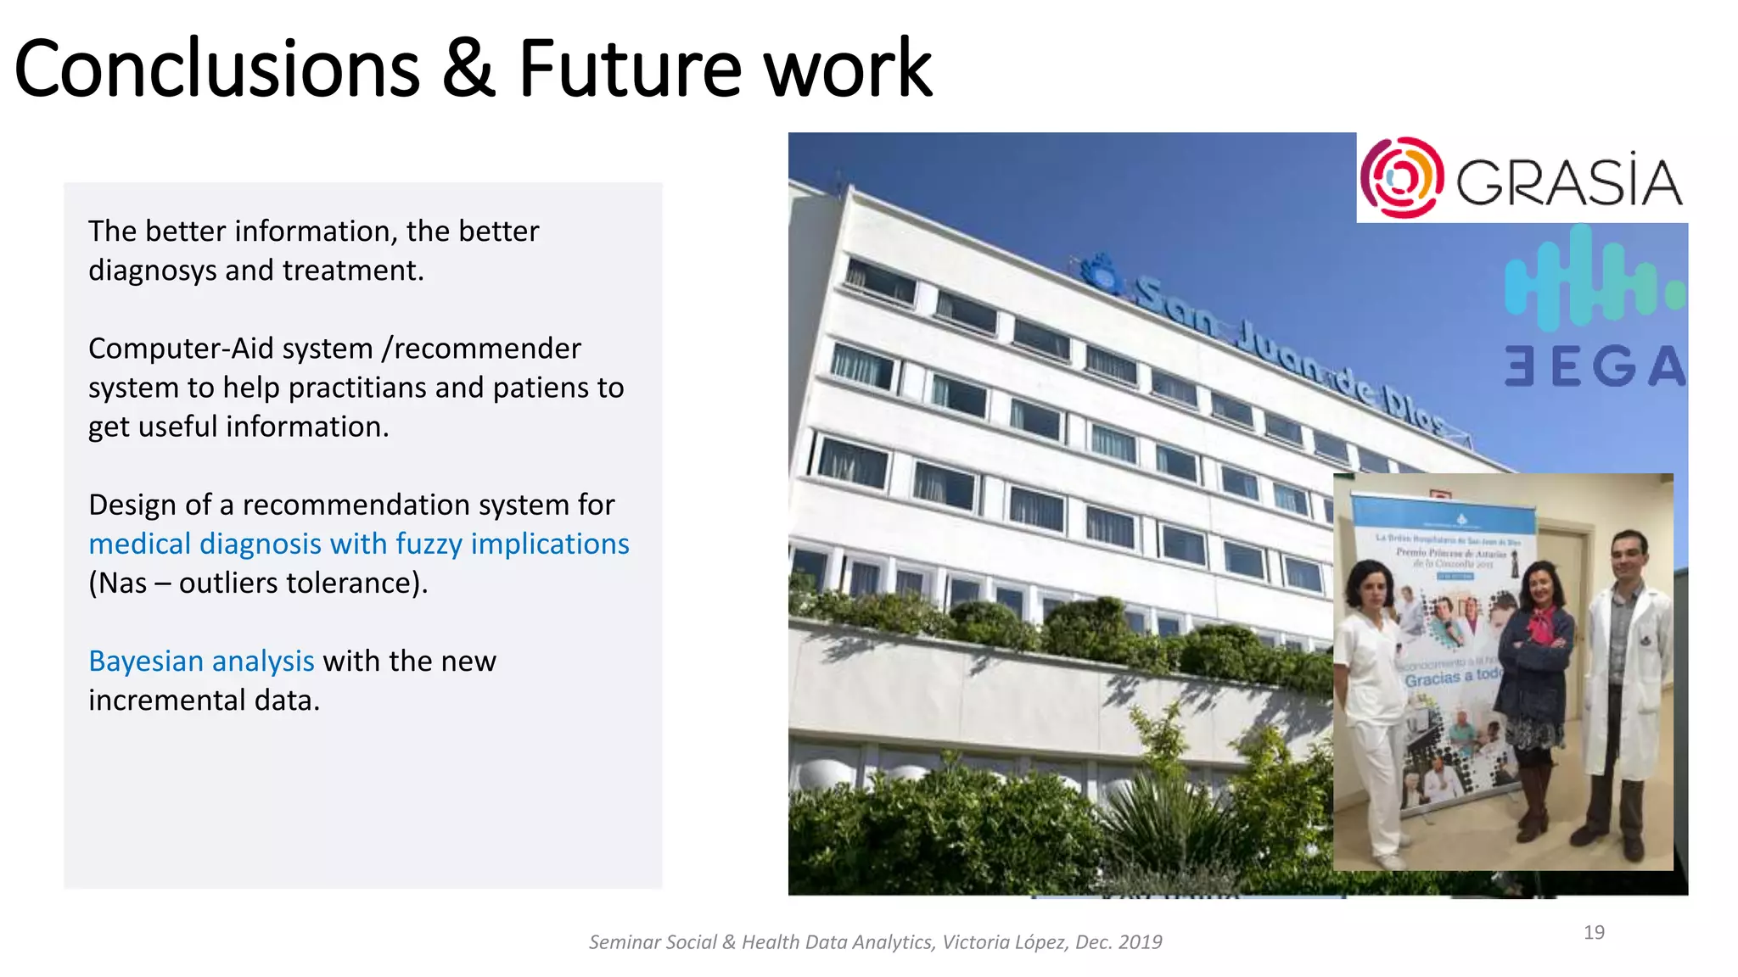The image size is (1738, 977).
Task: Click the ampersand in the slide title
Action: [x=468, y=70]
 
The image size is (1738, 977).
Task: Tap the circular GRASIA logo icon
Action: [x=1401, y=178]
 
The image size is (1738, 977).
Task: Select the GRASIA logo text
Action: [x=1568, y=181]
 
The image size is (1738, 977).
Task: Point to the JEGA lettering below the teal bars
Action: [x=1594, y=366]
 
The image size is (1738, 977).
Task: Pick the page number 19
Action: [x=1594, y=932]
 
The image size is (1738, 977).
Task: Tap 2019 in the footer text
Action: [x=1140, y=942]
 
